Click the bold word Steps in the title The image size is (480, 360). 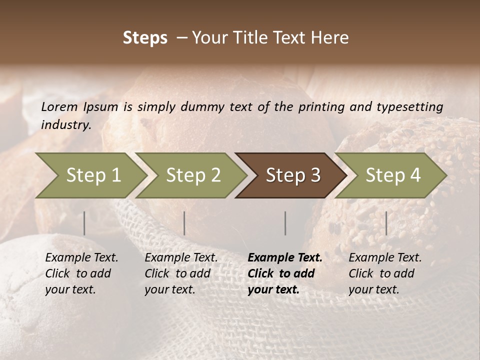point(145,38)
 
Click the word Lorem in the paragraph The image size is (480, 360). point(59,107)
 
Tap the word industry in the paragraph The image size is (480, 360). point(65,125)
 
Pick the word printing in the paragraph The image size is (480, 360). point(314,107)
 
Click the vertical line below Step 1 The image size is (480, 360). point(84,223)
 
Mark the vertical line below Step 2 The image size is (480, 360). point(184,223)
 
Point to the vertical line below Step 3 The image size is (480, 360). point(285,223)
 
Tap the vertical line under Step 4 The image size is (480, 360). point(386,223)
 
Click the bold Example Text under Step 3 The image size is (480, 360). point(285,258)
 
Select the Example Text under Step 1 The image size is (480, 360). point(81,258)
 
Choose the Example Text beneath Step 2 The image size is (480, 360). point(181,258)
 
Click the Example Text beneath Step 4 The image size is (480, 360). point(385,258)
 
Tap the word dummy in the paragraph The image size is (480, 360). point(203,107)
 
